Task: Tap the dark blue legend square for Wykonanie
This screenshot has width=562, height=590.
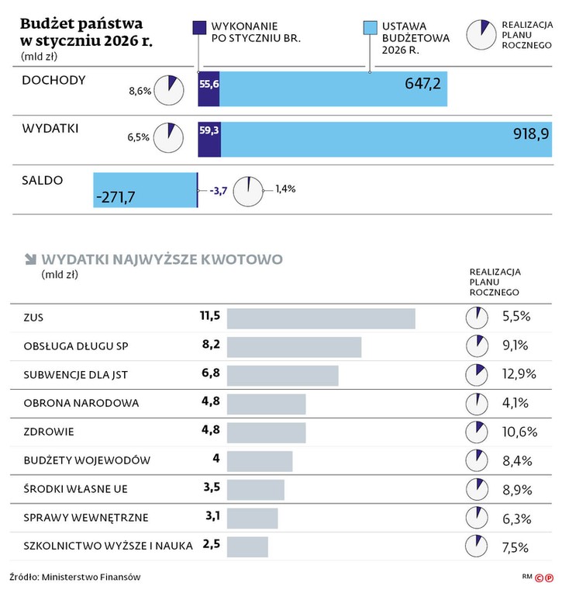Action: [198, 29]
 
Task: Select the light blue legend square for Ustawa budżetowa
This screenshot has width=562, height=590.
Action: [370, 29]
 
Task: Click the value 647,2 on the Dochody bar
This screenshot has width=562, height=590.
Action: [422, 84]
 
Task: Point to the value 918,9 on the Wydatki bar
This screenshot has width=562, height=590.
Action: [531, 134]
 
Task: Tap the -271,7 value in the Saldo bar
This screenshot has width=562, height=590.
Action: [115, 197]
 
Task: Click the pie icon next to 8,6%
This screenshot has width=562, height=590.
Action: [169, 91]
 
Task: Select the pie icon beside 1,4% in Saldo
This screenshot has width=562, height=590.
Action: [248, 189]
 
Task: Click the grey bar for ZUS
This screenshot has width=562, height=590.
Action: [320, 318]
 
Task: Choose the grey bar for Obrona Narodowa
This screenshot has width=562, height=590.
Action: [266, 404]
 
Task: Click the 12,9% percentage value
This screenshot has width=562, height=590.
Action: [519, 374]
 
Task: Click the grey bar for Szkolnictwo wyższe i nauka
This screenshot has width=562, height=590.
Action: [247, 547]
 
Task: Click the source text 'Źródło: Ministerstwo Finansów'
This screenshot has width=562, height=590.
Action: [75, 577]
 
